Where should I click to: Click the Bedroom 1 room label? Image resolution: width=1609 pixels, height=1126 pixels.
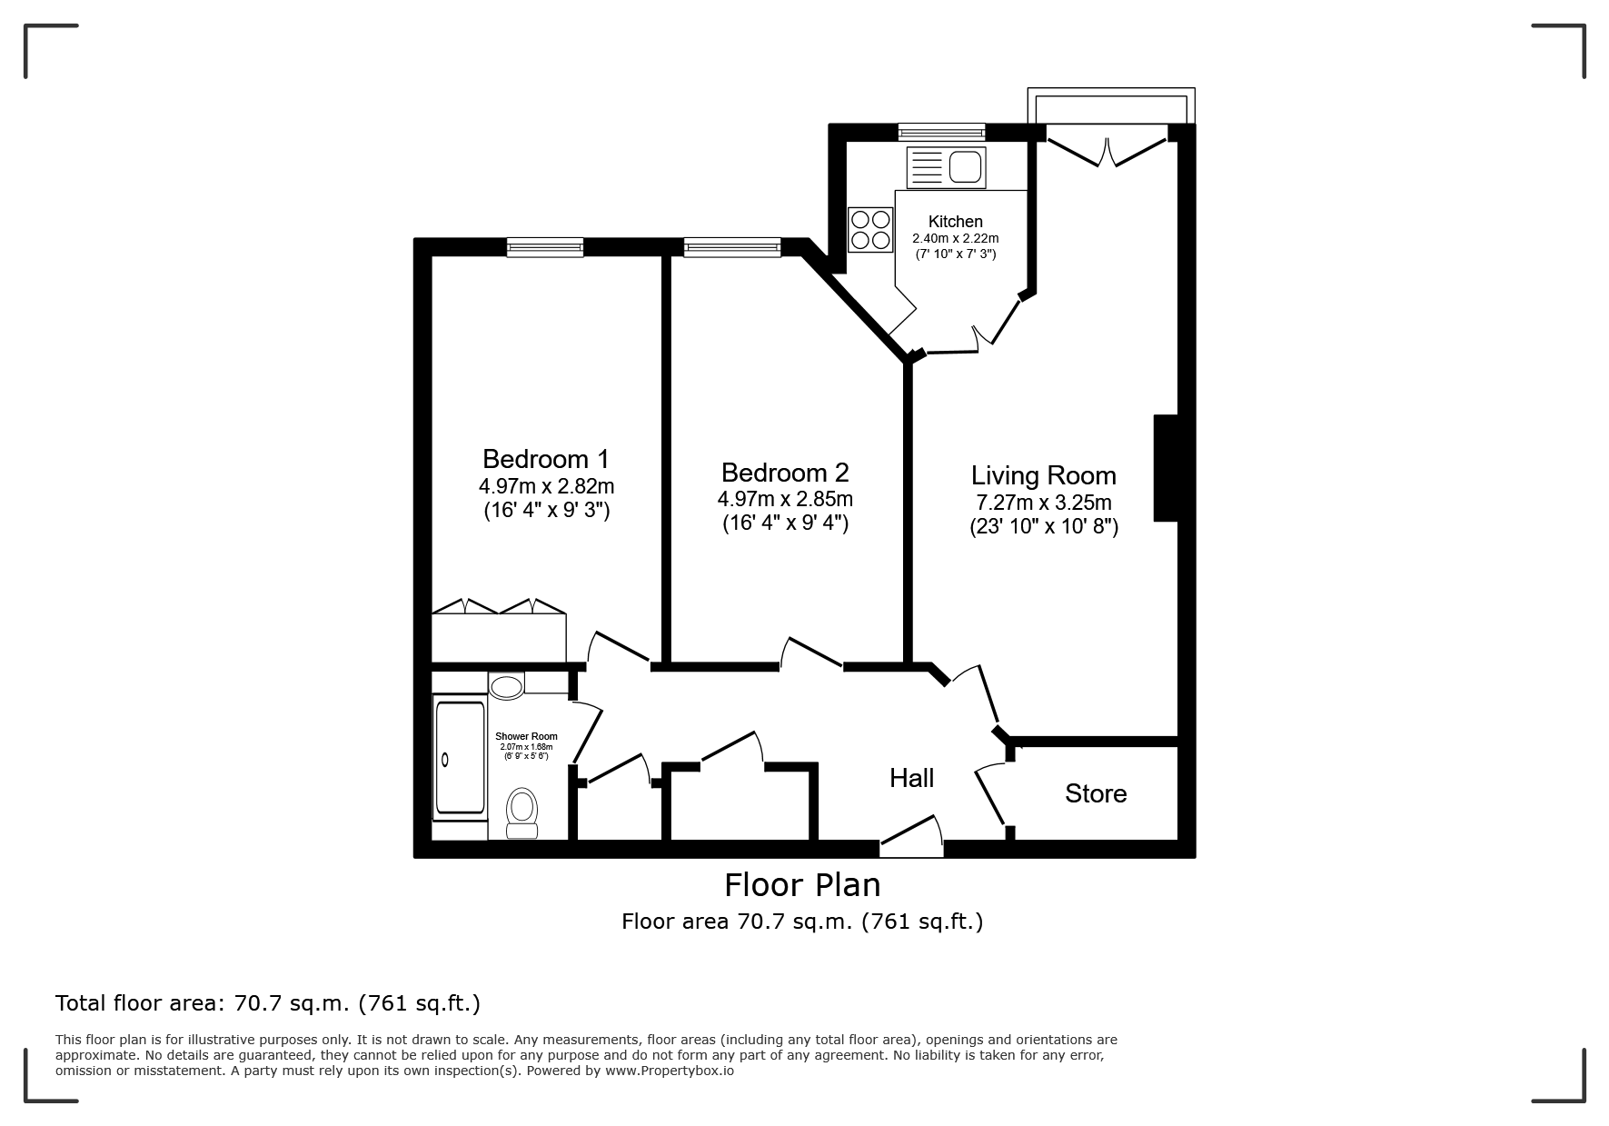[x=545, y=458]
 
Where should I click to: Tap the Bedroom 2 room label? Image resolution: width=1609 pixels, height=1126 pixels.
[x=785, y=473]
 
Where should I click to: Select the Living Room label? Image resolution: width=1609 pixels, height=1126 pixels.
[x=1044, y=475]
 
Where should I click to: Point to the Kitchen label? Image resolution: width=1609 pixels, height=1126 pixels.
[x=956, y=222]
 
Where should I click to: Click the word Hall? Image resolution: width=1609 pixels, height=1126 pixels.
[x=912, y=778]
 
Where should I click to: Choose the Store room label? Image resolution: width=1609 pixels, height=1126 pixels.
[x=1096, y=793]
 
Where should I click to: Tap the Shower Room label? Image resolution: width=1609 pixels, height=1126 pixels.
[x=526, y=736]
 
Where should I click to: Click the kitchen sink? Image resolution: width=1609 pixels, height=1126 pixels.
[x=946, y=167]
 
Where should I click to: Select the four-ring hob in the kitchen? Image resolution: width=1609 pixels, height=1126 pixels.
[x=869, y=229]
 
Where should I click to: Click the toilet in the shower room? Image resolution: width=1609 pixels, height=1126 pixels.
[x=521, y=812]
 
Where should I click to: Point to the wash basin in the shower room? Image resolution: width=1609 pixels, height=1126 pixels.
[x=507, y=685]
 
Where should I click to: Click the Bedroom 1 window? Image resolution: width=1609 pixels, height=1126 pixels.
[x=545, y=246]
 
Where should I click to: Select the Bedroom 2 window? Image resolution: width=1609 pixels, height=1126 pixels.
[x=732, y=246]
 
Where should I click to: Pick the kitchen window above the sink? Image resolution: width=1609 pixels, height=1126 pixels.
[x=941, y=132]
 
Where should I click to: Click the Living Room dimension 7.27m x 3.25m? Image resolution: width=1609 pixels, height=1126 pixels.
[x=1044, y=503]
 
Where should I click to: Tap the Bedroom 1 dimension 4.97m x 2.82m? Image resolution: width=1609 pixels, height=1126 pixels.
[x=546, y=486]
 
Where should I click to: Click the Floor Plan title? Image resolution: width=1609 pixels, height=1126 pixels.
[x=802, y=884]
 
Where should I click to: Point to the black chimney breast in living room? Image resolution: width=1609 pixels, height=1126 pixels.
[x=1166, y=468]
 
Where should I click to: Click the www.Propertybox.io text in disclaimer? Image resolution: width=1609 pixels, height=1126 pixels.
[x=670, y=1071]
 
